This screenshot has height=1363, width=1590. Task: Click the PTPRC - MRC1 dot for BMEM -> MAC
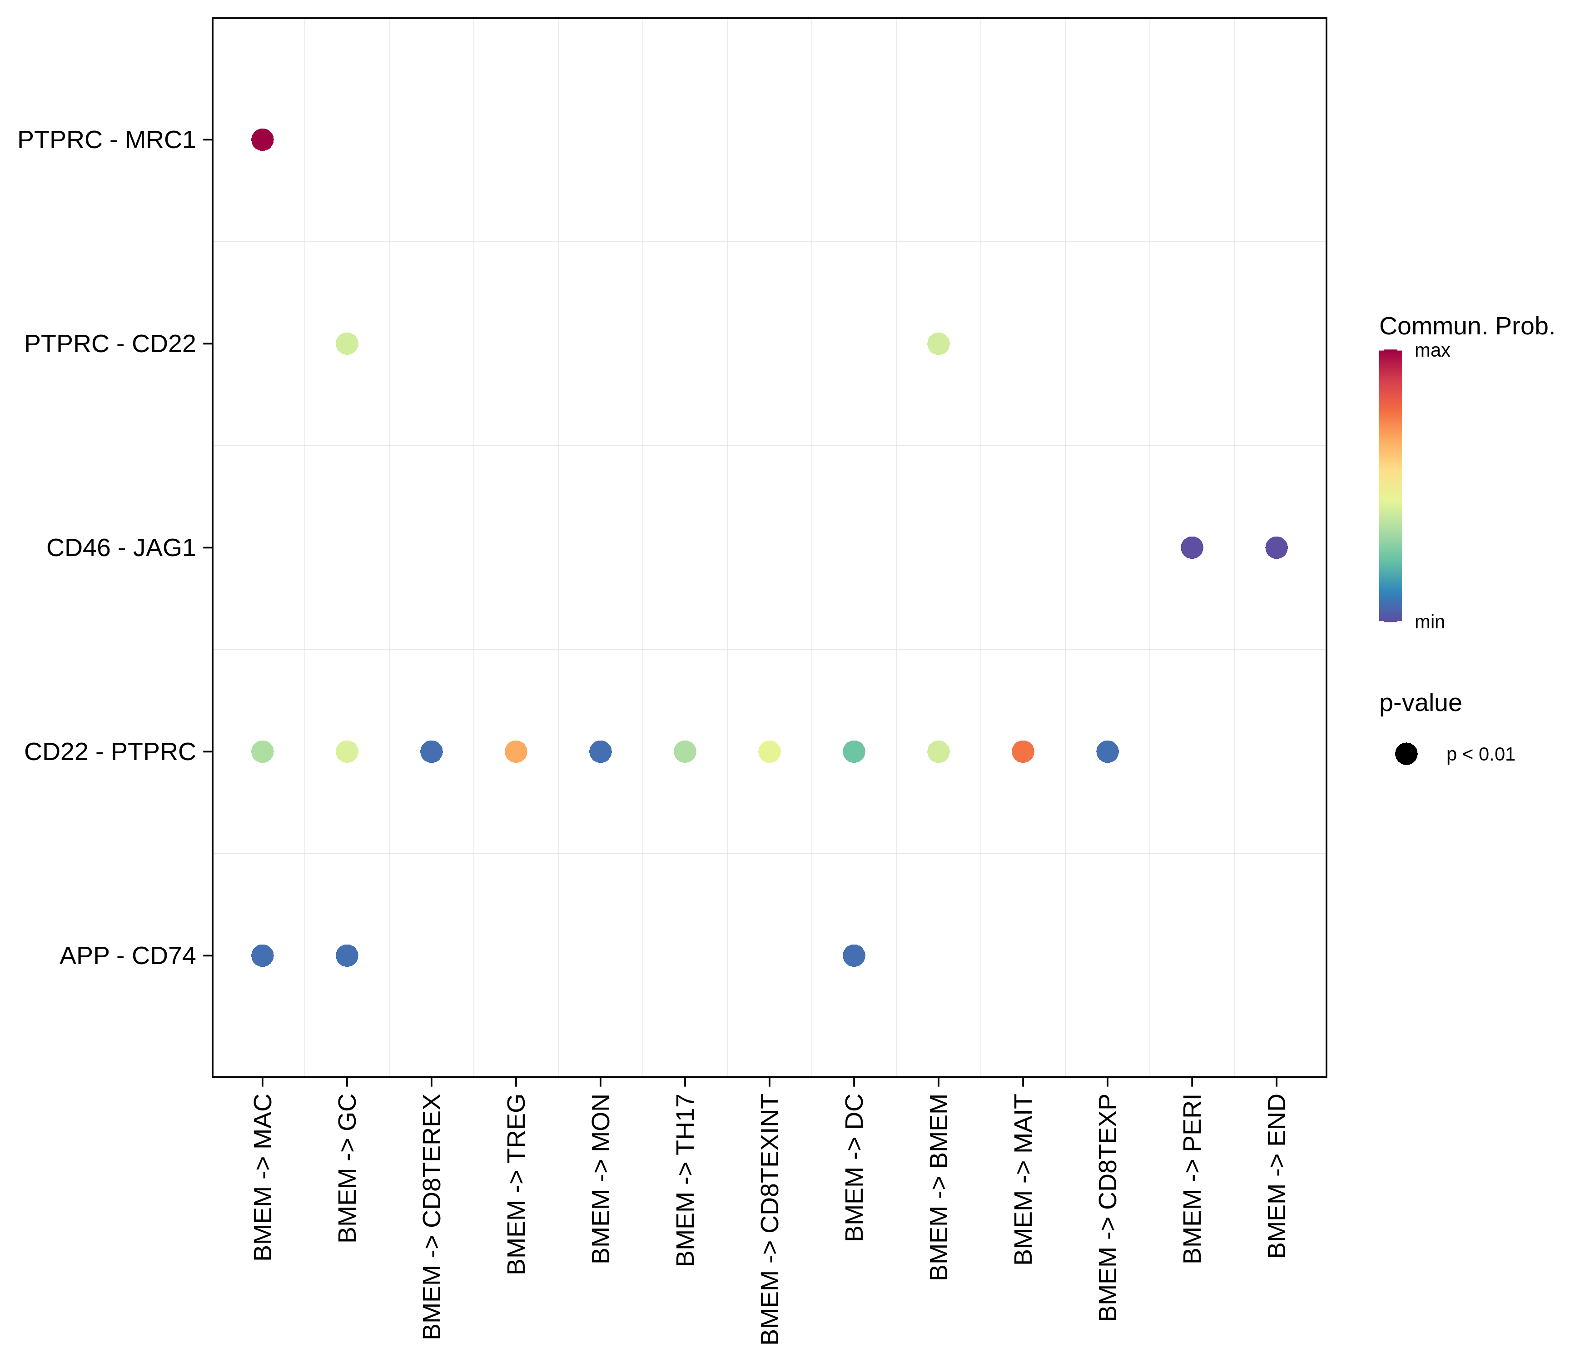click(x=263, y=139)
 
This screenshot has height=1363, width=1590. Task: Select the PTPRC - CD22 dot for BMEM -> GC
click(x=347, y=344)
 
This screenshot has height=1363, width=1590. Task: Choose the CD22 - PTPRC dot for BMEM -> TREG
click(x=516, y=752)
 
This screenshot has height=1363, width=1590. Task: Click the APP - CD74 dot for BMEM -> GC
click(x=347, y=955)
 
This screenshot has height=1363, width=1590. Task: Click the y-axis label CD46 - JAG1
click(x=121, y=548)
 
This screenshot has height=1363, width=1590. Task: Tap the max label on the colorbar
click(x=1432, y=352)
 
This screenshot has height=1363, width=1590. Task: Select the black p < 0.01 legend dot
click(x=1406, y=754)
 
